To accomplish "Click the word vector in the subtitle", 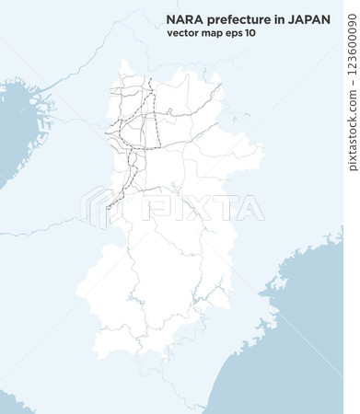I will click(183, 33).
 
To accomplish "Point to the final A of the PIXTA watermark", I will click(250, 207).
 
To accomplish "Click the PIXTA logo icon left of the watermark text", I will click(99, 206).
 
